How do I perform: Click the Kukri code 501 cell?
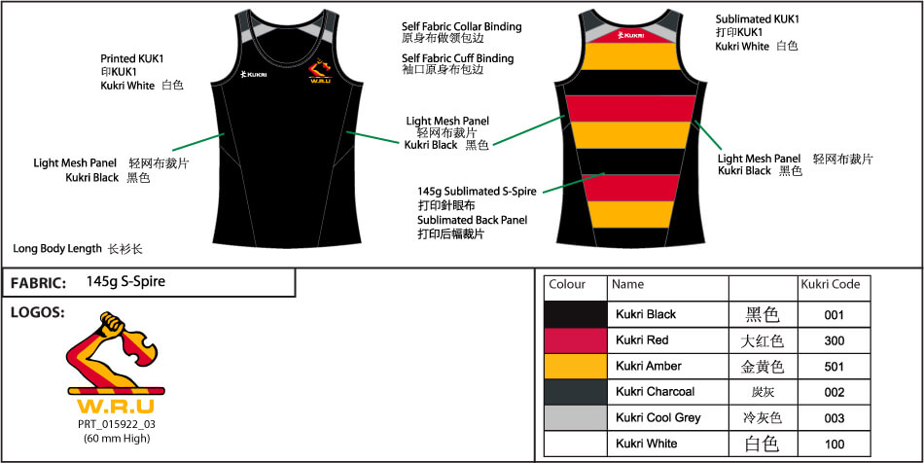834,366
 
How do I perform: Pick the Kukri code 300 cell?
834,340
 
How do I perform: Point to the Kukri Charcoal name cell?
655,392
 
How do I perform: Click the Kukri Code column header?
830,285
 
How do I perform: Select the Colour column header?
567,285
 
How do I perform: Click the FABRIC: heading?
38,284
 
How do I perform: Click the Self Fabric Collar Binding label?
461,26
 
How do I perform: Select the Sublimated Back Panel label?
472,220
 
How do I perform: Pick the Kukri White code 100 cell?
834,444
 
